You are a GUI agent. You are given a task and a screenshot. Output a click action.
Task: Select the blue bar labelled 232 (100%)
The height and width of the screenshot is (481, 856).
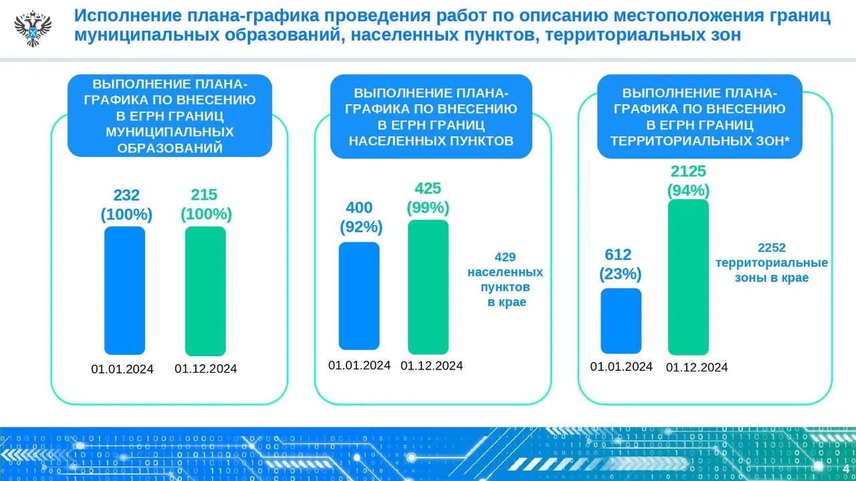124,290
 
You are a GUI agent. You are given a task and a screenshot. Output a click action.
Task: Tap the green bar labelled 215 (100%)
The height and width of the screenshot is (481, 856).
205,291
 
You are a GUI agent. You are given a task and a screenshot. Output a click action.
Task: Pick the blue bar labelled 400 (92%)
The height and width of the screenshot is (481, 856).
359,295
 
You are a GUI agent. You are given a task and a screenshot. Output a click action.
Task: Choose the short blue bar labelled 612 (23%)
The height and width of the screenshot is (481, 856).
621,321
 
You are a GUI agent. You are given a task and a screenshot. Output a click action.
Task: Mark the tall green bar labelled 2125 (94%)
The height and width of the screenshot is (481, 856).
688,277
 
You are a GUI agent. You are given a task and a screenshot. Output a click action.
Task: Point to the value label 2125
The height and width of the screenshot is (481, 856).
688,172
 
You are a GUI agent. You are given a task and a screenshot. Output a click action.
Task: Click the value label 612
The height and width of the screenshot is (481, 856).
618,255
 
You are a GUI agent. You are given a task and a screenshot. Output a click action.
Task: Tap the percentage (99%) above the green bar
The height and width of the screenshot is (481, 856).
428,208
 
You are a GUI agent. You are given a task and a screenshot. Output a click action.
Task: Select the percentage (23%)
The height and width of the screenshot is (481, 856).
620,274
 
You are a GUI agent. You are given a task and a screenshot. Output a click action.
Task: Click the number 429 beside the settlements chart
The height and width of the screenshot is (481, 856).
505,257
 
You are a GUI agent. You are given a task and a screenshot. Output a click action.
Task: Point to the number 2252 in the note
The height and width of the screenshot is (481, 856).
772,248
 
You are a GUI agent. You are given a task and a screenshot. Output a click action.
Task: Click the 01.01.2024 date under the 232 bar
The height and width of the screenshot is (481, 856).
122,369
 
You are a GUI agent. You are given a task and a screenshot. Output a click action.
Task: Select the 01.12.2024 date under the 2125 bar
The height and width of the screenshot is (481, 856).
697,367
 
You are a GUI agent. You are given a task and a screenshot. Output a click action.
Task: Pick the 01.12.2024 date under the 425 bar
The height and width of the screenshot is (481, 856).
431,365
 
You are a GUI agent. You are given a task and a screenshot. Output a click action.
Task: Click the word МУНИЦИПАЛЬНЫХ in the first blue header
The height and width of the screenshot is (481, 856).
170,132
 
